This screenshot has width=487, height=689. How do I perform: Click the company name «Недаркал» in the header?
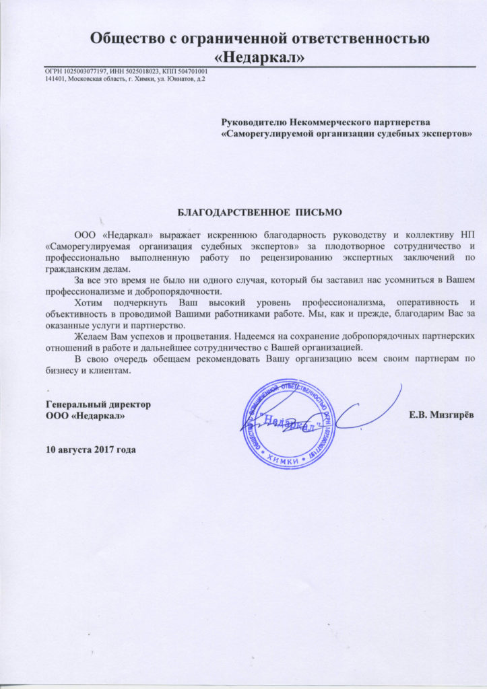[259, 58]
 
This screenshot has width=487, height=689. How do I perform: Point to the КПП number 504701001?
[189, 72]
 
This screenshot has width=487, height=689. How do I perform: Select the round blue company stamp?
[290, 423]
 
